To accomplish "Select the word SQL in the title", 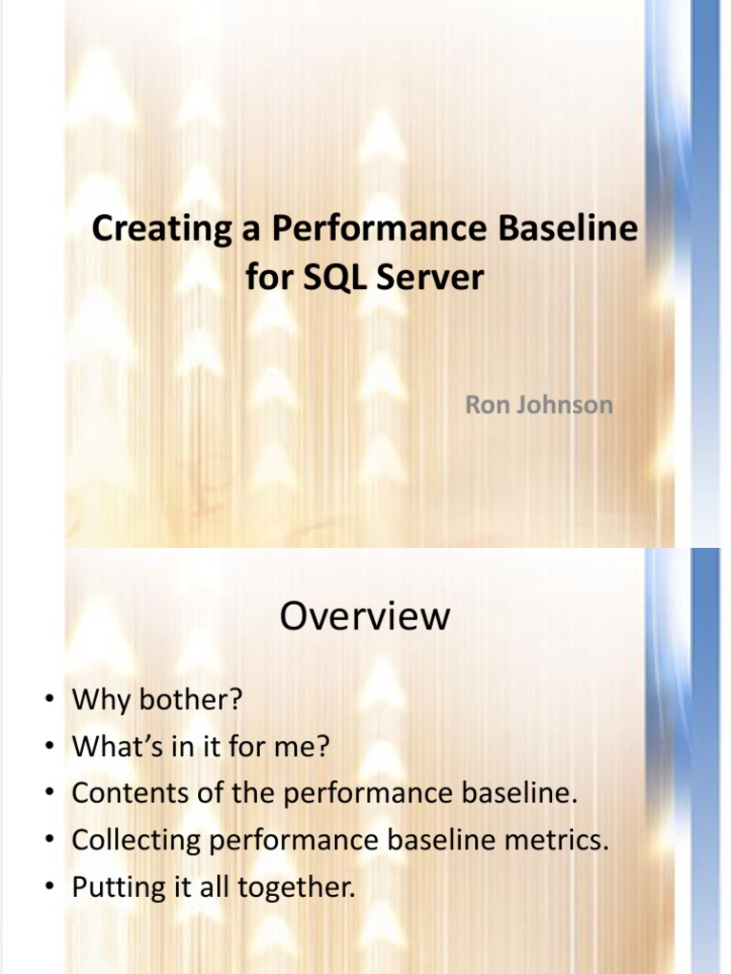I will click(x=326, y=278).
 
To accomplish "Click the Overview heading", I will click(x=365, y=616).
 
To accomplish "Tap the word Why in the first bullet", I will click(x=99, y=700).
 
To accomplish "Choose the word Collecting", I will click(x=137, y=841).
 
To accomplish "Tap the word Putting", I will click(x=110, y=888).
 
